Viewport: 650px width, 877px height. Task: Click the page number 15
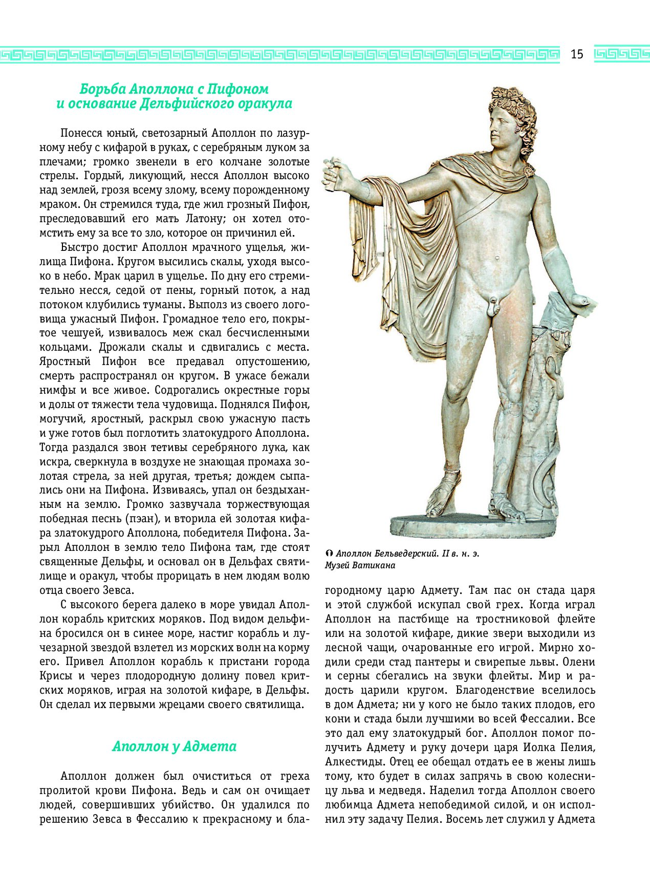pos(577,54)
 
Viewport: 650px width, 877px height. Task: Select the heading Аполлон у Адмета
pos(174,746)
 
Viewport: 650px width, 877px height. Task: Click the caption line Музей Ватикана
pos(360,566)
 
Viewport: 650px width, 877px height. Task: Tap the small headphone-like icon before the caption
pos(329,554)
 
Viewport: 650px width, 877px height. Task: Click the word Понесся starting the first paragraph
pos(81,134)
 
